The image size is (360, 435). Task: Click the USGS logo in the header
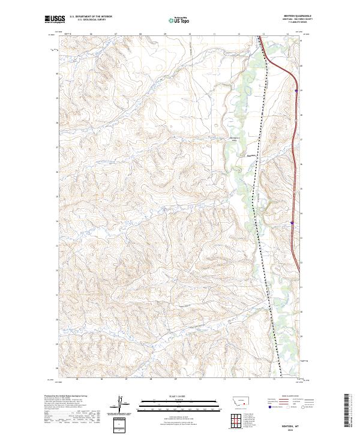tap(55, 20)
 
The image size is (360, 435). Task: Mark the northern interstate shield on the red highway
tap(296, 91)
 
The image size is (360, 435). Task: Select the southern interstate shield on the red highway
tap(292, 223)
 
